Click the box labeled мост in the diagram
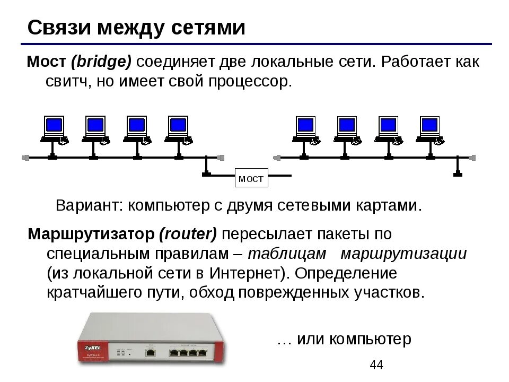251,179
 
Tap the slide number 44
376,365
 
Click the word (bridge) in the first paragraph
101,63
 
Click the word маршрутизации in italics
403,254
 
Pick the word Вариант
89,205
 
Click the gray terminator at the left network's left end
24,157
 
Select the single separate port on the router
151,351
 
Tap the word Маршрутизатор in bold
89,233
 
